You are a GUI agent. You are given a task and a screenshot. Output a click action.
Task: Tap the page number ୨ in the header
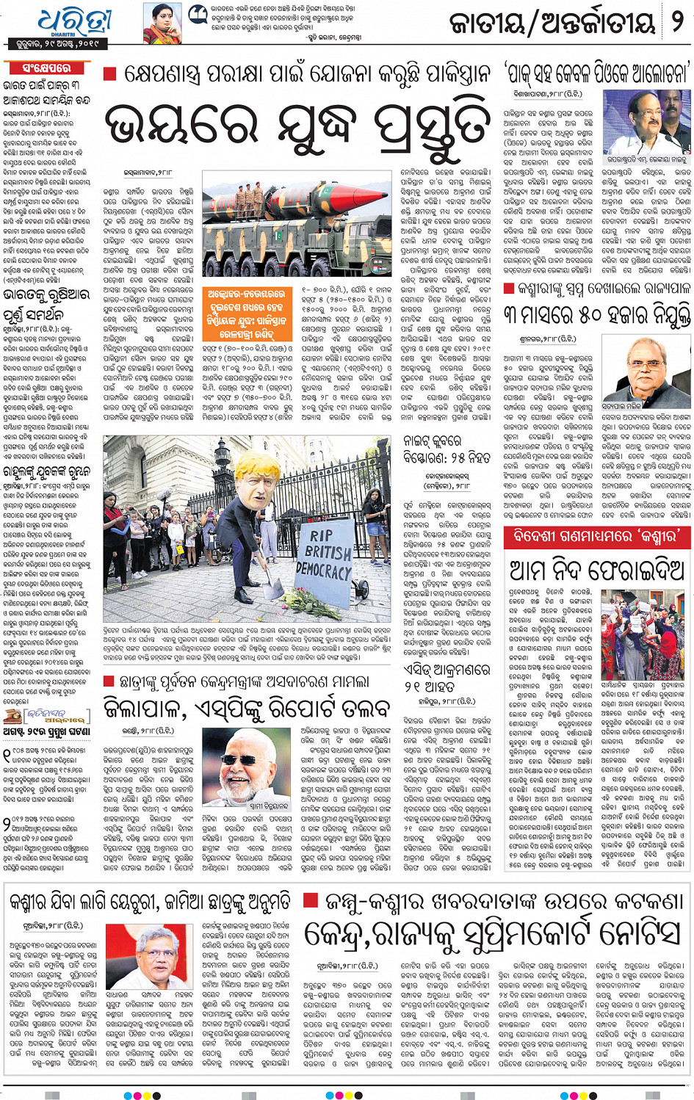click(x=677, y=22)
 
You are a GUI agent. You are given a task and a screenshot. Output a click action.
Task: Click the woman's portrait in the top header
click(x=162, y=23)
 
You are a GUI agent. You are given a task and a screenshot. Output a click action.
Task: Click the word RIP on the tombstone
click(x=321, y=535)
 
